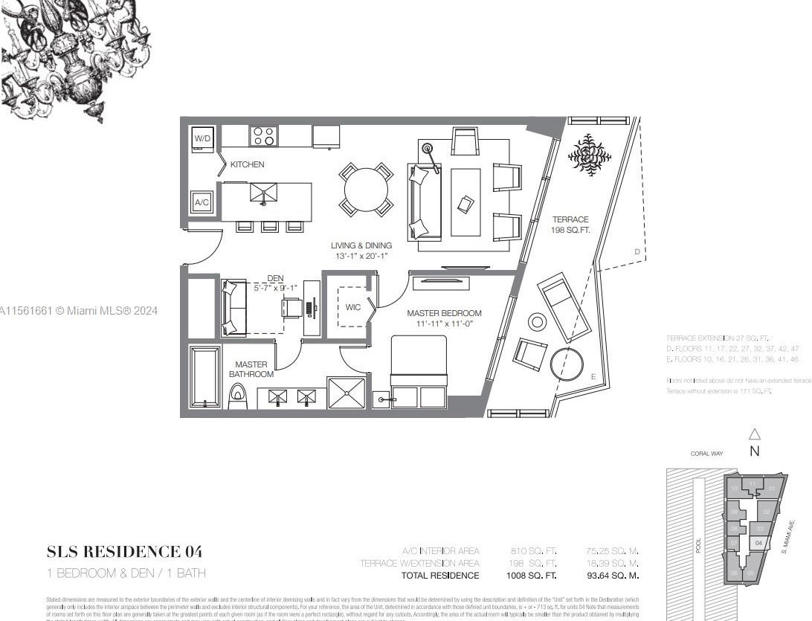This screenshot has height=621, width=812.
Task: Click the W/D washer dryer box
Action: pos(202,139)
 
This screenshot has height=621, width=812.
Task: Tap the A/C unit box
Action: pos(202,202)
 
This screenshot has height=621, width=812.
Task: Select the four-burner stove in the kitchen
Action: pos(263,136)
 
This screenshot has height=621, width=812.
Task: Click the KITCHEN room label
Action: pos(247,164)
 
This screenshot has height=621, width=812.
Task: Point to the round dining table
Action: pos(365,190)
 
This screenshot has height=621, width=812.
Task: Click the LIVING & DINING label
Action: pos(361,245)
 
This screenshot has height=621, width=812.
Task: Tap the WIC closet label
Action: pos(353,307)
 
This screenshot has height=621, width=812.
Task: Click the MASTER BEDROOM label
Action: pos(444,313)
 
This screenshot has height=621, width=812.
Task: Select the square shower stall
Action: pos(347,393)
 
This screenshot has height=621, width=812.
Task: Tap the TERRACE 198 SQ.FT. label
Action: pos(570,225)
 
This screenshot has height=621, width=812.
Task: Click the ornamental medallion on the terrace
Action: pos(590,155)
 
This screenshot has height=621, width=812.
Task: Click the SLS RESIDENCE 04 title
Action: pos(124,552)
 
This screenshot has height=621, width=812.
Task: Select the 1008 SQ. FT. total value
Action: pos(532,576)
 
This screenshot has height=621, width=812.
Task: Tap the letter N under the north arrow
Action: pos(754,451)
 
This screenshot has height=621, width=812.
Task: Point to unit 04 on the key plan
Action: pos(758,544)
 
